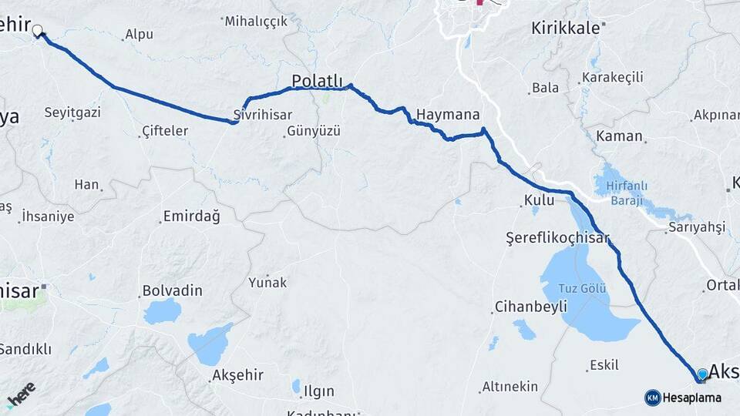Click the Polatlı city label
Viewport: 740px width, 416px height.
click(x=317, y=81)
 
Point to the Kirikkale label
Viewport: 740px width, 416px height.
click(x=565, y=29)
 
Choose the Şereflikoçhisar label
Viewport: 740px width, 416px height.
click(x=557, y=237)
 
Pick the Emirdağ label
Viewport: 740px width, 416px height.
click(x=191, y=216)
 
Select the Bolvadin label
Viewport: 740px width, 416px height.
click(x=172, y=291)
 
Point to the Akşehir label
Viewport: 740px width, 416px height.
click(x=237, y=375)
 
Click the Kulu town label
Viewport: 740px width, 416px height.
click(x=539, y=200)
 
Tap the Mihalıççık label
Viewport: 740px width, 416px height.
click(x=256, y=21)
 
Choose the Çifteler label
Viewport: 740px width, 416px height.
click(x=165, y=131)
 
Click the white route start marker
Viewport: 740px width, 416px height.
click(x=38, y=32)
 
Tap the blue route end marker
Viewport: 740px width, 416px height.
click(x=702, y=374)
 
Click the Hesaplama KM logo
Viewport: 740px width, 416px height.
click(x=683, y=398)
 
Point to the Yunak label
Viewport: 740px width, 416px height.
click(x=267, y=283)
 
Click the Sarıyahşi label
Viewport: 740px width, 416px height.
click(x=697, y=226)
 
